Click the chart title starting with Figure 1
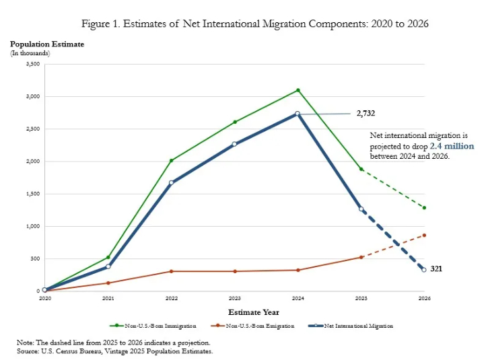click(254, 24)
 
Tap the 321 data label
click(436, 268)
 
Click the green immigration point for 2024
click(298, 90)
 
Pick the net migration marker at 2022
click(171, 182)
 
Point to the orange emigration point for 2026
click(424, 235)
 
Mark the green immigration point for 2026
click(424, 208)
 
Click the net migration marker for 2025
click(361, 209)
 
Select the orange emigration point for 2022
click(171, 271)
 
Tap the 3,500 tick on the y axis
click(32, 64)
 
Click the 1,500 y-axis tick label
click(32, 194)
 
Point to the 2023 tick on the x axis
click(234, 298)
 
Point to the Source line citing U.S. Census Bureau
click(114, 351)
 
